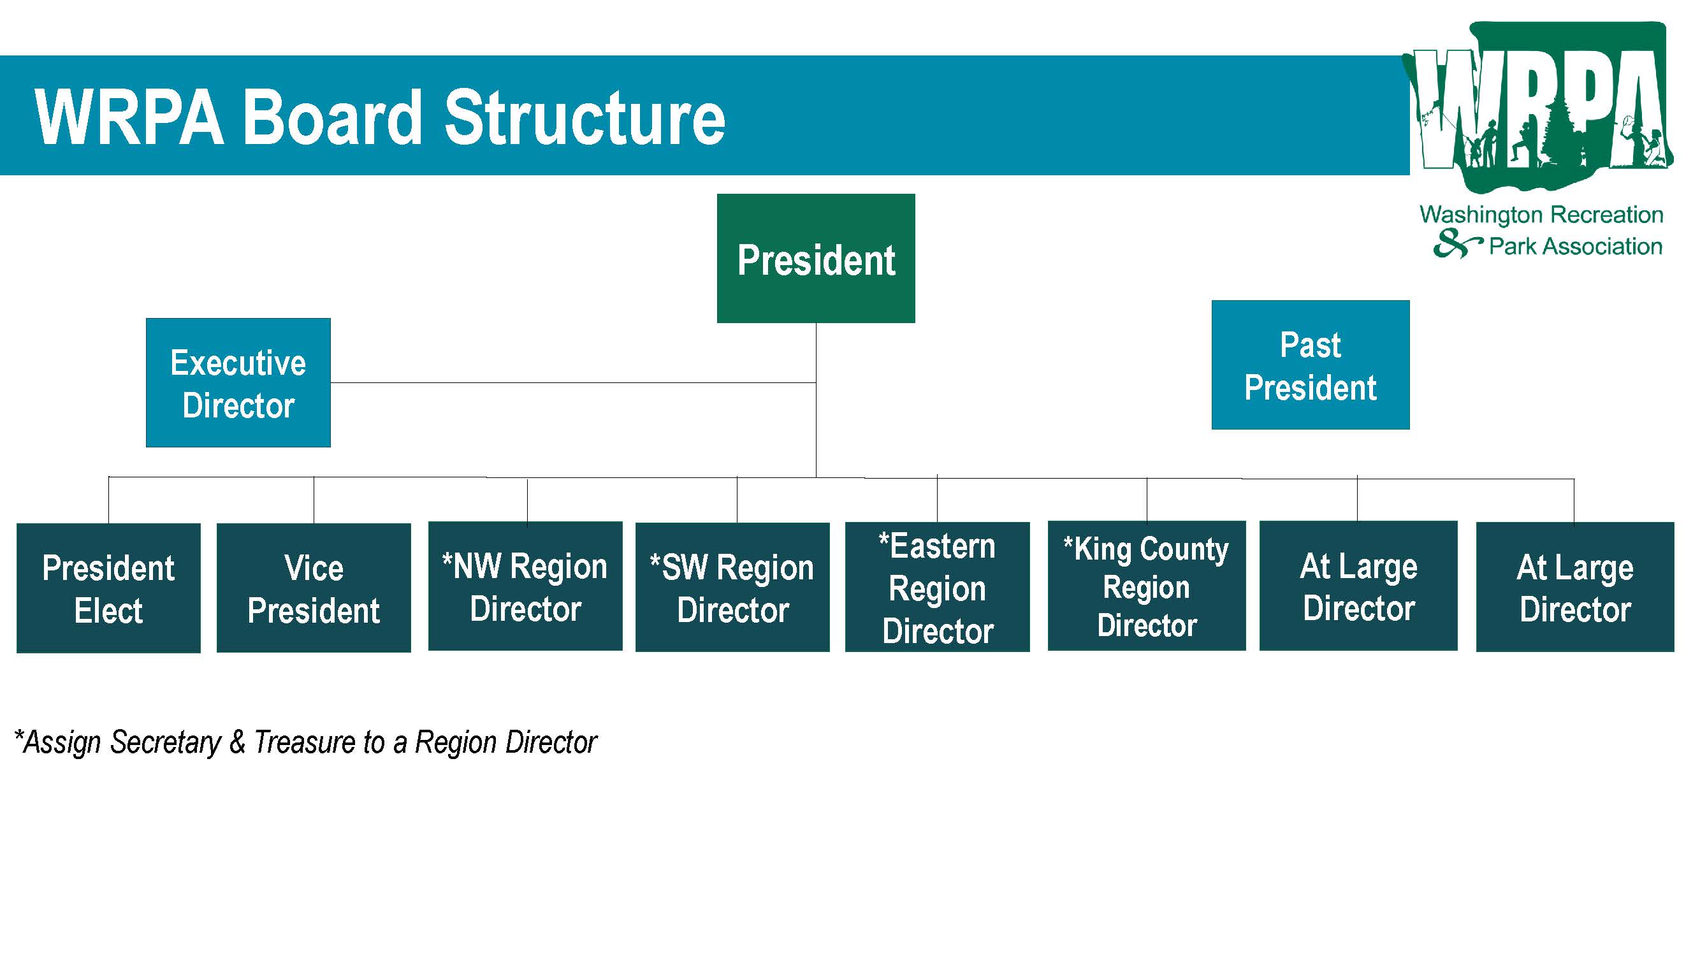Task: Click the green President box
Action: click(816, 258)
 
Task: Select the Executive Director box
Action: click(238, 382)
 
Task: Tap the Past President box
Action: click(1311, 365)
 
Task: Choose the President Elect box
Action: click(108, 588)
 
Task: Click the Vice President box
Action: click(314, 588)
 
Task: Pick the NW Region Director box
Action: click(525, 586)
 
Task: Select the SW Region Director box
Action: click(732, 587)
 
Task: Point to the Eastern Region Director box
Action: click(937, 586)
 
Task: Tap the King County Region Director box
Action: click(1147, 586)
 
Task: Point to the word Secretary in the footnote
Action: click(166, 743)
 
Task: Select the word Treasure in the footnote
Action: click(305, 742)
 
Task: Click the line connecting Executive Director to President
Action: click(574, 382)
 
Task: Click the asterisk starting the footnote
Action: click(19, 734)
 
